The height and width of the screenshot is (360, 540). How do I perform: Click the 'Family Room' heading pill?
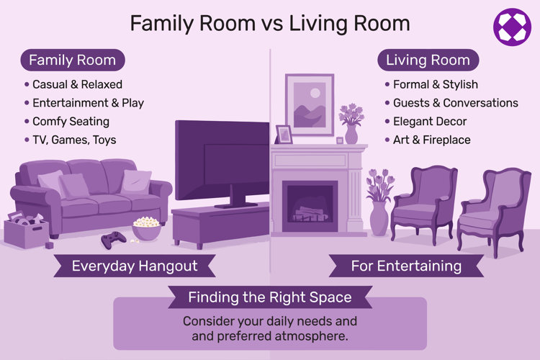click(x=72, y=60)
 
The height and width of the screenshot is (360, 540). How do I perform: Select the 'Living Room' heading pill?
click(x=428, y=60)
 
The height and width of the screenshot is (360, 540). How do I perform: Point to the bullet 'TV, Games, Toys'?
click(x=74, y=140)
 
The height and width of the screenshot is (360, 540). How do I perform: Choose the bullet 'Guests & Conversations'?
click(x=455, y=103)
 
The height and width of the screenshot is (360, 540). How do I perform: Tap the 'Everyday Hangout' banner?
click(x=134, y=266)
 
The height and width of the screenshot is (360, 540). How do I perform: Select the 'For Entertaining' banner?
click(x=406, y=266)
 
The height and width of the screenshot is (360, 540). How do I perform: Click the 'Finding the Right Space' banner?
click(x=269, y=297)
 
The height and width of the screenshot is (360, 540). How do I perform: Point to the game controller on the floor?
click(x=112, y=239)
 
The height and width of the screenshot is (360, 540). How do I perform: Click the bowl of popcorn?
click(x=147, y=229)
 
